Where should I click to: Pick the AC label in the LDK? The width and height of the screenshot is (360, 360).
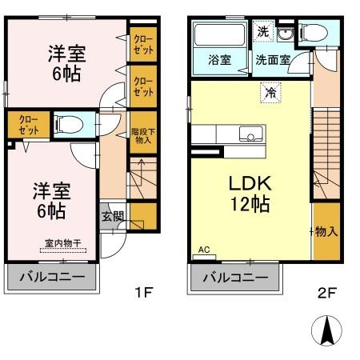[x=203, y=250]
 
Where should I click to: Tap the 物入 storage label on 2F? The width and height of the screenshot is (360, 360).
[x=325, y=232]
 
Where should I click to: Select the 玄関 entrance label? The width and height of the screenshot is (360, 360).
[x=113, y=215]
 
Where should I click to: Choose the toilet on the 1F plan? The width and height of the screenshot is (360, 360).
[x=69, y=124]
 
